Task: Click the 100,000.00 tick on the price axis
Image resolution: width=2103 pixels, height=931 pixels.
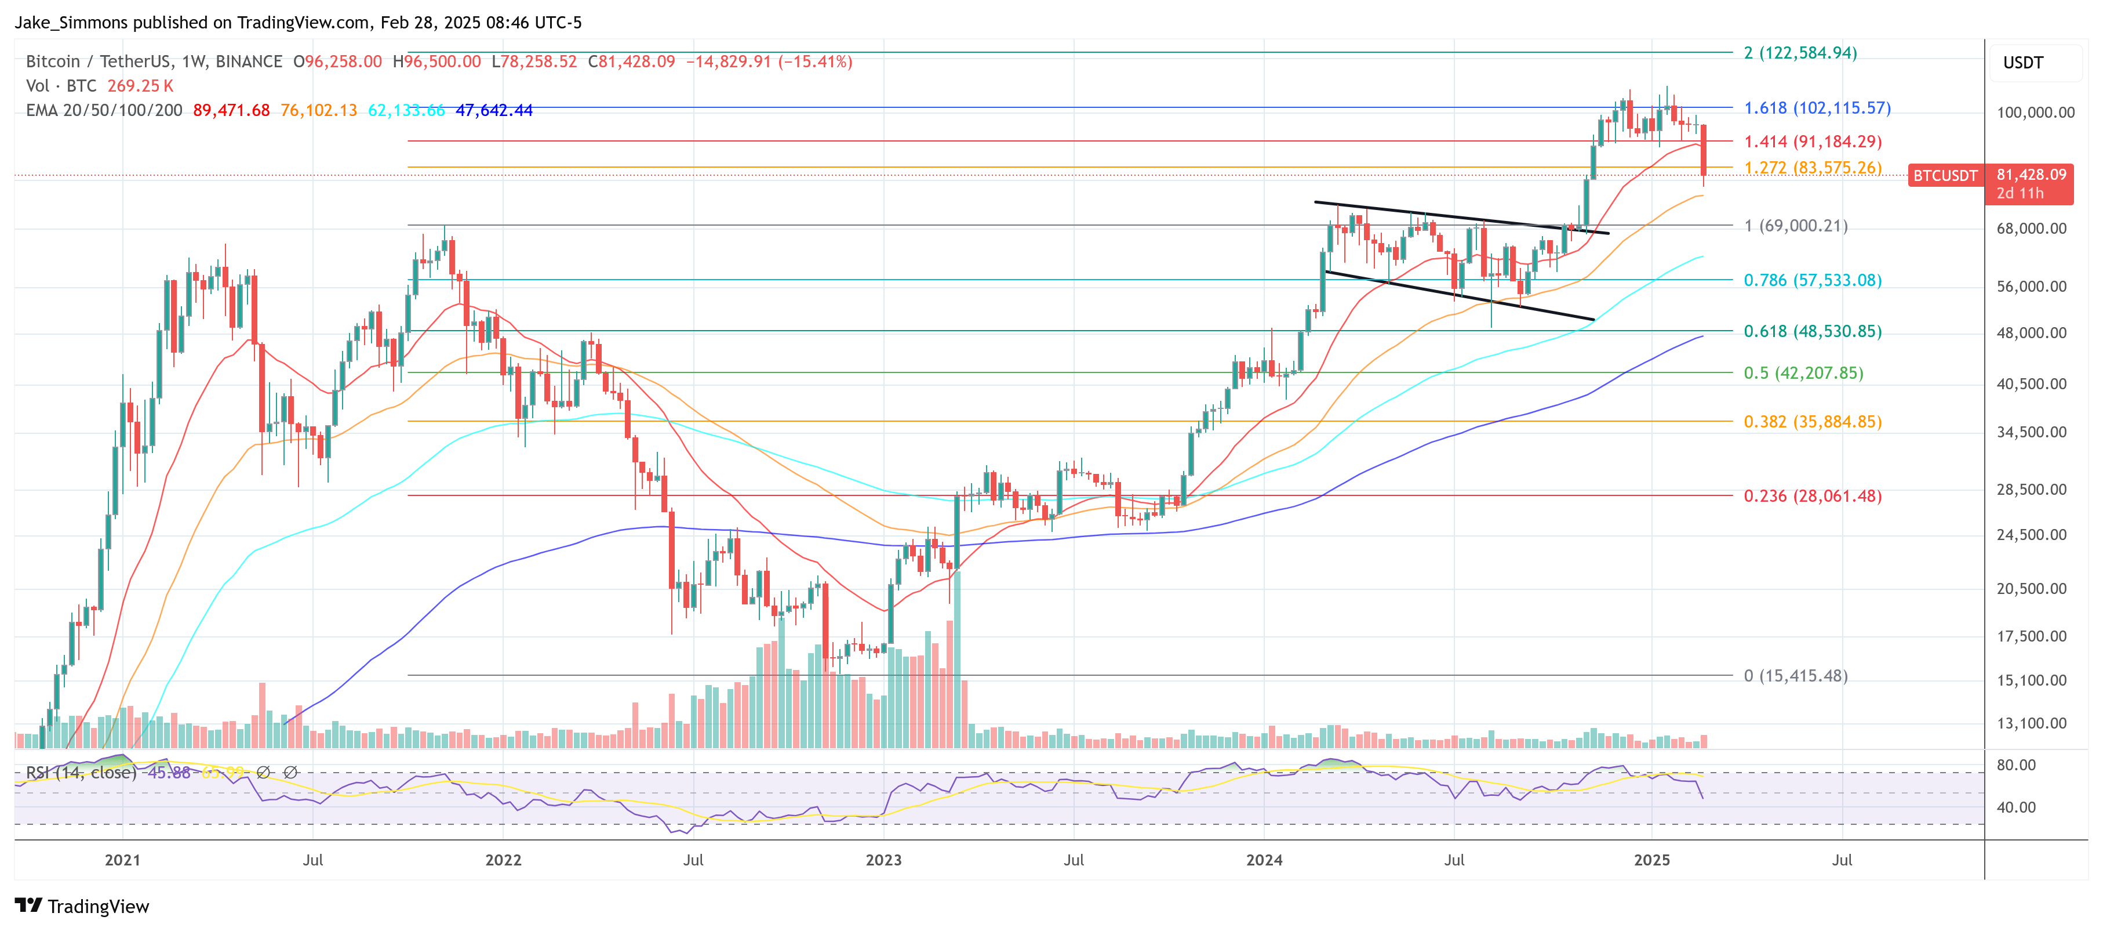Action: click(2035, 113)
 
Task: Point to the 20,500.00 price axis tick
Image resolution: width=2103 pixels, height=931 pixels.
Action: click(2031, 589)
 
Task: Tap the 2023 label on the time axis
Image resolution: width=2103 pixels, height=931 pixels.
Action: click(883, 860)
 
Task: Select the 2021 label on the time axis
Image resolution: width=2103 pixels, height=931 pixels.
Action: click(122, 860)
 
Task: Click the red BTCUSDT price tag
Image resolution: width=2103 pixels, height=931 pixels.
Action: click(1945, 176)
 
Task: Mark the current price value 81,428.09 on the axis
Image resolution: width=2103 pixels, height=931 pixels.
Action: click(2031, 175)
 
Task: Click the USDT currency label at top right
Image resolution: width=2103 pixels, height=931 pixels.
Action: click(2022, 63)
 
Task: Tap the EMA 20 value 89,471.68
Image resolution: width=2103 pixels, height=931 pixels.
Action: click(231, 110)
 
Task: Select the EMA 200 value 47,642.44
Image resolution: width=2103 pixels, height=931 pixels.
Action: click(494, 110)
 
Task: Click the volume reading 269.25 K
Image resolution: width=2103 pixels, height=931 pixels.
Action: click(140, 86)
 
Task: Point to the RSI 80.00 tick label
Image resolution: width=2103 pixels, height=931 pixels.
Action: click(2015, 765)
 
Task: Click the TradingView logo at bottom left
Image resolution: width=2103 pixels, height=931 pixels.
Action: click(82, 907)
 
